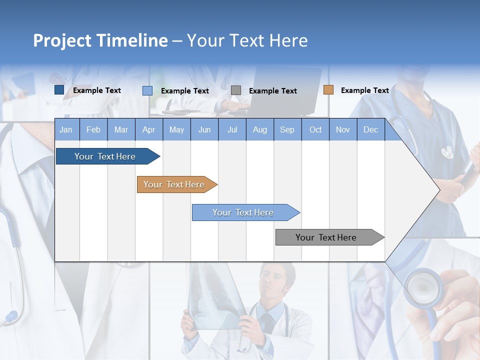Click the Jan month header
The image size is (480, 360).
coord(66,130)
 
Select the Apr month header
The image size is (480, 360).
coord(148,130)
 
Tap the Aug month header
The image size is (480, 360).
coord(259,130)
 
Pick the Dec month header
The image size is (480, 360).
coord(370,130)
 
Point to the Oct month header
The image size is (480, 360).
coord(315,130)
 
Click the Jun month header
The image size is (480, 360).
coord(204,130)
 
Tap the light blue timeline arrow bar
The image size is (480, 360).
coord(243,212)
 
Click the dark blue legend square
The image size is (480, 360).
coord(59,90)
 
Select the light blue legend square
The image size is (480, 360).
coord(147,90)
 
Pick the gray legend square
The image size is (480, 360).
coord(236,90)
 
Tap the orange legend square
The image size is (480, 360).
coord(328,90)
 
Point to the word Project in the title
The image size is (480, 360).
coord(62,40)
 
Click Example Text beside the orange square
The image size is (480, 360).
coord(364,90)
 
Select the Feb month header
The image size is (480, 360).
coord(93,130)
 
